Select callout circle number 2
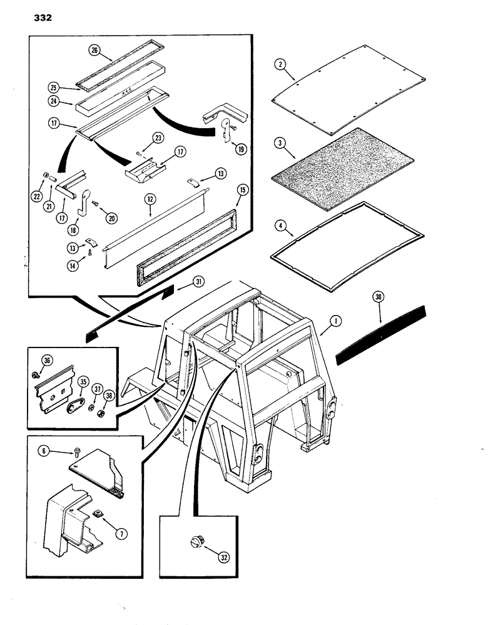tap(280, 64)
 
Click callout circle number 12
tap(150, 199)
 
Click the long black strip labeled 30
tap(382, 334)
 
